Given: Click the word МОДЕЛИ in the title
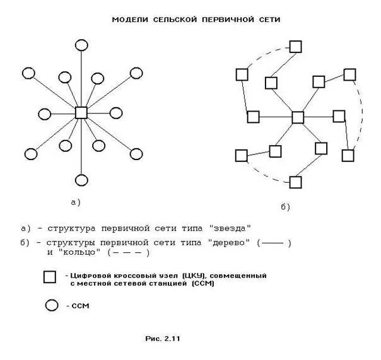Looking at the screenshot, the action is coord(130,20).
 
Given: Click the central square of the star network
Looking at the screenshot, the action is coord(81,113).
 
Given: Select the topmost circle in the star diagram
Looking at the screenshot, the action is coord(81,45).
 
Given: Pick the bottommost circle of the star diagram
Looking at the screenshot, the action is coord(81,182).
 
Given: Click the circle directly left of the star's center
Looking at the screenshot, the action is coord(44,114).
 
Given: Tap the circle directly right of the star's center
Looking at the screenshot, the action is coord(117,115).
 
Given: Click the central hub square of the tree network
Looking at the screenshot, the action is coord(298,117).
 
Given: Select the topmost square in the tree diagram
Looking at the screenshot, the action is coord(295,46).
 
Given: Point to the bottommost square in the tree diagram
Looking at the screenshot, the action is coord(295,182).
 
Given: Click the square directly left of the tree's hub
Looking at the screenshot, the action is coord(254,116).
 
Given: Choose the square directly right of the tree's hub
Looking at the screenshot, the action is coord(339,116).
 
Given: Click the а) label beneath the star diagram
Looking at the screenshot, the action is coord(76,202).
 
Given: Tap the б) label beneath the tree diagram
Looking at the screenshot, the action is coord(284,206).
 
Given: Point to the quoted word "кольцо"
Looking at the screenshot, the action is coord(81,252).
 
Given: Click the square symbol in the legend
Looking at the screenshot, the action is coord(50,277).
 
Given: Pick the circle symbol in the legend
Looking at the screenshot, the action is coord(51,306).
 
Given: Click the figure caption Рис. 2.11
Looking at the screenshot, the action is coord(163,339).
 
